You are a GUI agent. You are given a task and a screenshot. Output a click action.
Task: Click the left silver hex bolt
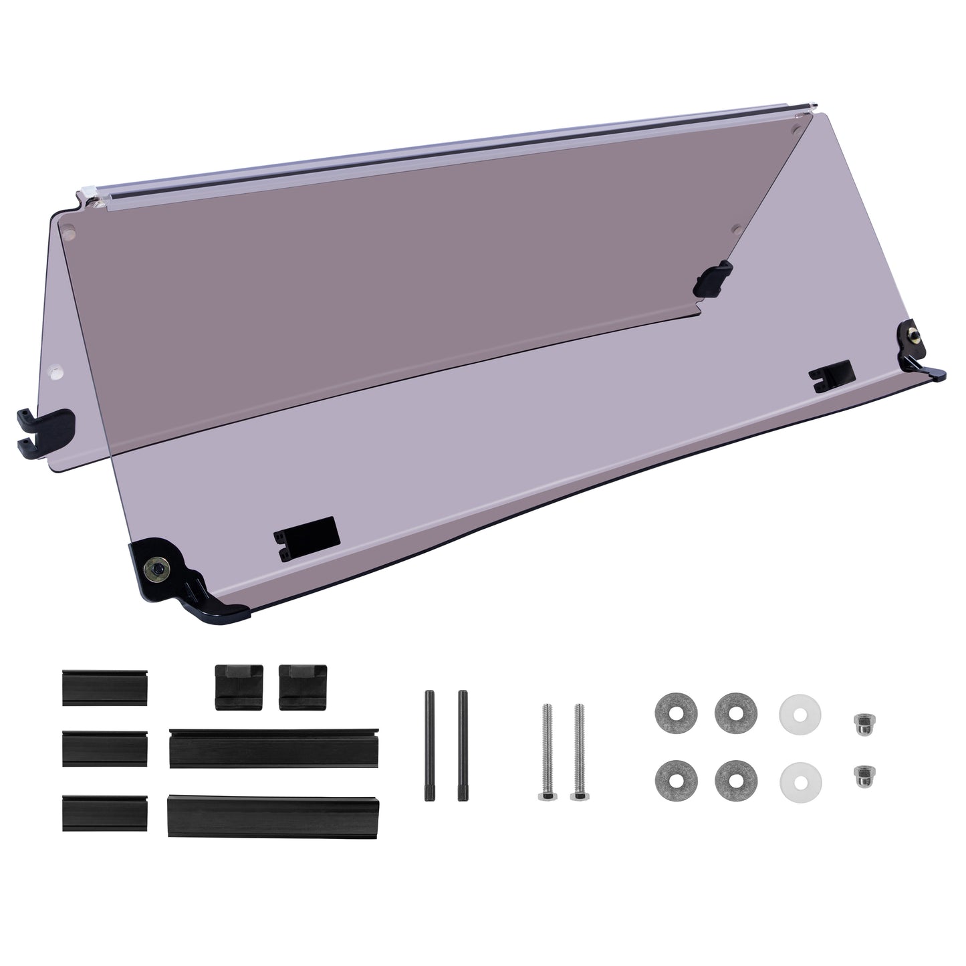click(x=546, y=753)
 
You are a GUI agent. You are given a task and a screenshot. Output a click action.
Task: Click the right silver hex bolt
click(x=578, y=753)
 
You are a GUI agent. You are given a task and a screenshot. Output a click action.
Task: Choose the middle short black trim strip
click(x=105, y=749)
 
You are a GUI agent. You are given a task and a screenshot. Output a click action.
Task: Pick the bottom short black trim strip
click(x=105, y=812)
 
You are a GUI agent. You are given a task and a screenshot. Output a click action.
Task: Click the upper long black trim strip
click(x=274, y=749)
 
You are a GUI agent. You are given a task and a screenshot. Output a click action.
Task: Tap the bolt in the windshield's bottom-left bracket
click(x=158, y=569)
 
